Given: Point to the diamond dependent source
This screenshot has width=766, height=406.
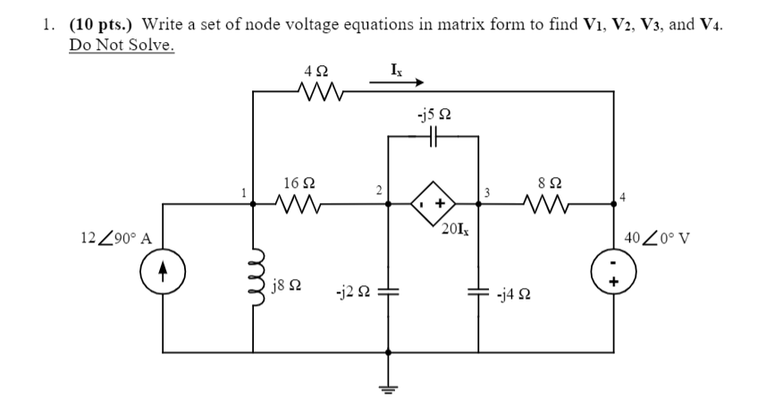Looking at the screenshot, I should pyautogui.click(x=434, y=204).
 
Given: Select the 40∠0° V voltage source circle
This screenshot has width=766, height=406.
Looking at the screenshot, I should pyautogui.click(x=613, y=270).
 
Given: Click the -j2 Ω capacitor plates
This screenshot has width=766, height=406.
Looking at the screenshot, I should pyautogui.click(x=389, y=292).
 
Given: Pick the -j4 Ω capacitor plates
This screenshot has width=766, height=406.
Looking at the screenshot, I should pyautogui.click(x=479, y=292).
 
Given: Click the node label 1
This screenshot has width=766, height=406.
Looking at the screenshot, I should pyautogui.click(x=242, y=190).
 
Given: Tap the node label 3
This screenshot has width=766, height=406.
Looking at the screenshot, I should pyautogui.click(x=487, y=191).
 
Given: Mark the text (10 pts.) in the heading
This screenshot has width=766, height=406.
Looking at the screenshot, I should pyautogui.click(x=100, y=23).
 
